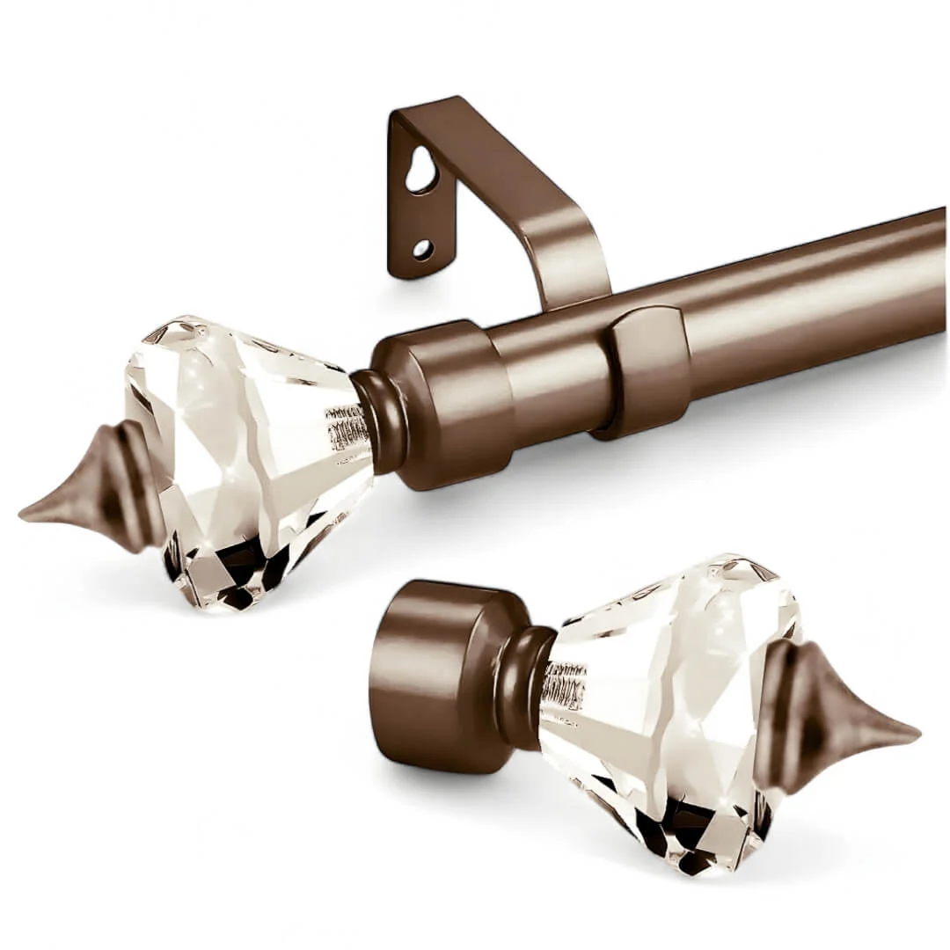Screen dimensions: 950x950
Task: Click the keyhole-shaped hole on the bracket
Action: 420,172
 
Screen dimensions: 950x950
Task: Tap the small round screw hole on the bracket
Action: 423,249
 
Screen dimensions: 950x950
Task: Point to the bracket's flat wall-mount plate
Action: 412,211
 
